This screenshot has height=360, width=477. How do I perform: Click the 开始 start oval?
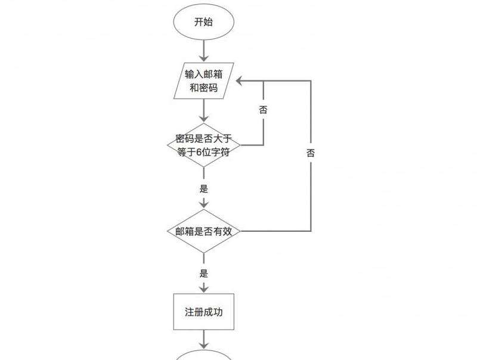(x=203, y=22)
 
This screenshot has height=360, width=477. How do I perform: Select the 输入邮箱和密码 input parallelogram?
(x=203, y=81)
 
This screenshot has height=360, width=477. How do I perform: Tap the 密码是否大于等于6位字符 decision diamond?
(x=203, y=144)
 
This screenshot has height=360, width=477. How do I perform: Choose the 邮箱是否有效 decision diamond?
(x=203, y=231)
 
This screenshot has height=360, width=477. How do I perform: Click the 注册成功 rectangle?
(x=203, y=312)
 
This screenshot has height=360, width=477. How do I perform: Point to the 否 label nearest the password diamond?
(x=263, y=110)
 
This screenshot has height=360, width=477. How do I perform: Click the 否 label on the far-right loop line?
(x=311, y=153)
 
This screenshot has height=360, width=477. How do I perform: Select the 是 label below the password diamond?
(x=203, y=189)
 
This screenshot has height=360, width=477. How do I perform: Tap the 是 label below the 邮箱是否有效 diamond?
(x=203, y=274)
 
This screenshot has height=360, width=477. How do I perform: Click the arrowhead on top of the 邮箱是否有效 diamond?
(x=203, y=204)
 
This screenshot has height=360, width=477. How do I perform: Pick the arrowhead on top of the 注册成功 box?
(x=203, y=288)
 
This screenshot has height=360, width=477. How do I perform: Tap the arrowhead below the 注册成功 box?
(x=203, y=346)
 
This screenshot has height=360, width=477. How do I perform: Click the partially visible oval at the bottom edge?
(x=203, y=356)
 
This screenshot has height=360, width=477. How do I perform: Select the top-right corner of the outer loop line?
(x=311, y=80)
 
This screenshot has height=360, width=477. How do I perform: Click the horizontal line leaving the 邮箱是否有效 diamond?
(x=274, y=231)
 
